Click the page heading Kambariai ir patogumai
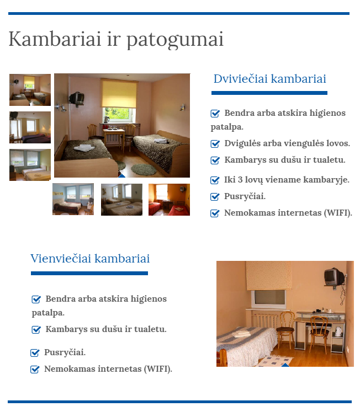coord(116,39)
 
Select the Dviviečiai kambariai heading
coord(269,78)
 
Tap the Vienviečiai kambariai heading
coord(90,258)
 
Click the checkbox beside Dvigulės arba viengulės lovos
coord(215,144)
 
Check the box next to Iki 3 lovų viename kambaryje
coord(215,180)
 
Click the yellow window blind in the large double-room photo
coord(119,93)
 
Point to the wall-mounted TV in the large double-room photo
coord(77,99)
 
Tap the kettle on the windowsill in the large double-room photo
coord(107,119)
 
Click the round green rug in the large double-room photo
coord(144,169)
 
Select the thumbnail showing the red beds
coord(169,200)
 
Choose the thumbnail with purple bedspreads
coord(30,127)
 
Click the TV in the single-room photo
coord(334,277)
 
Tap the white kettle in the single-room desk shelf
coord(338,331)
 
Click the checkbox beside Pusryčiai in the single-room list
coord(35,352)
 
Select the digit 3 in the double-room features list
coord(240,179)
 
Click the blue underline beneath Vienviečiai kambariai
coord(89,273)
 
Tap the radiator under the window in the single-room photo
coord(264,320)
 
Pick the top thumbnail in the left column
coord(30,90)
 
